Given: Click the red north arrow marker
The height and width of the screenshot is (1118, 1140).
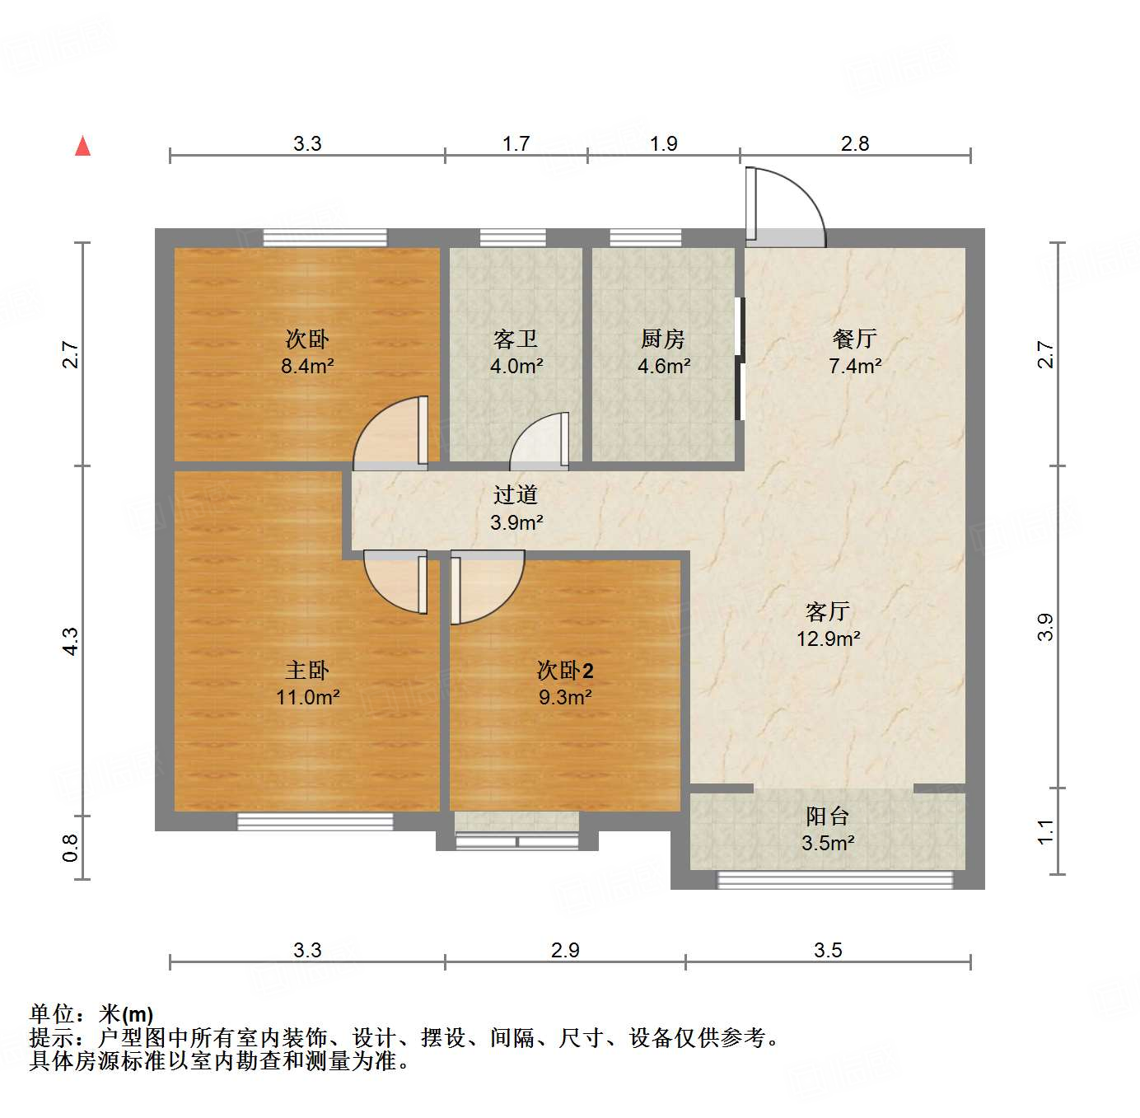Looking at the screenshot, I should pyautogui.click(x=82, y=147).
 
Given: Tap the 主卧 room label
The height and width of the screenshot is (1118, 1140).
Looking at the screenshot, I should pyautogui.click(x=307, y=671).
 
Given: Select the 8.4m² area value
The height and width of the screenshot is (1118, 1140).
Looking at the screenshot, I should pyautogui.click(x=307, y=366).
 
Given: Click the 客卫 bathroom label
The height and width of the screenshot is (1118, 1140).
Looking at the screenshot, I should pyautogui.click(x=516, y=339).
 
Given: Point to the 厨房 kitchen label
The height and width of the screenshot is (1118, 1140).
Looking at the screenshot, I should pyautogui.click(x=663, y=339).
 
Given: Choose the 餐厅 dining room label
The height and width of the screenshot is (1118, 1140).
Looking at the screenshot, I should pyautogui.click(x=854, y=339).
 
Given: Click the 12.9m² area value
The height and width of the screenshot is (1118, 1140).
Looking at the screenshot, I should pyautogui.click(x=828, y=639).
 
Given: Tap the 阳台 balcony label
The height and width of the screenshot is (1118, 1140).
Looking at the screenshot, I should pyautogui.click(x=827, y=816).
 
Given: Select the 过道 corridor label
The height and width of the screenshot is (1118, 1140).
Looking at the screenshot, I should pyautogui.click(x=516, y=494).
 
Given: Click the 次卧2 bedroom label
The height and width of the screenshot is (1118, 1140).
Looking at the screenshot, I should pyautogui.click(x=565, y=671).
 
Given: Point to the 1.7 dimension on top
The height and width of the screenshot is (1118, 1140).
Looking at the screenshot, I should pyautogui.click(x=516, y=143).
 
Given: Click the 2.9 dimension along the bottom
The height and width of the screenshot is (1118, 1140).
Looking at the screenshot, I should pyautogui.click(x=565, y=950).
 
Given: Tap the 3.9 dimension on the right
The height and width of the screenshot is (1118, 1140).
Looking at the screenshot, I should pyautogui.click(x=1045, y=627).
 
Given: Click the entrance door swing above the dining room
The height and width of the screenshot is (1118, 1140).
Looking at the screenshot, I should pyautogui.click(x=787, y=206).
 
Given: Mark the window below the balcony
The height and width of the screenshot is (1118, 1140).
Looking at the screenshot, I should pyautogui.click(x=835, y=880).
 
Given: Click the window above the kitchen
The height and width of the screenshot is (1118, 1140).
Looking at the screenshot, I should pyautogui.click(x=645, y=238).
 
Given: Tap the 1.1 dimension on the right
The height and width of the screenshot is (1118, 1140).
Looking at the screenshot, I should pyautogui.click(x=1045, y=831).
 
